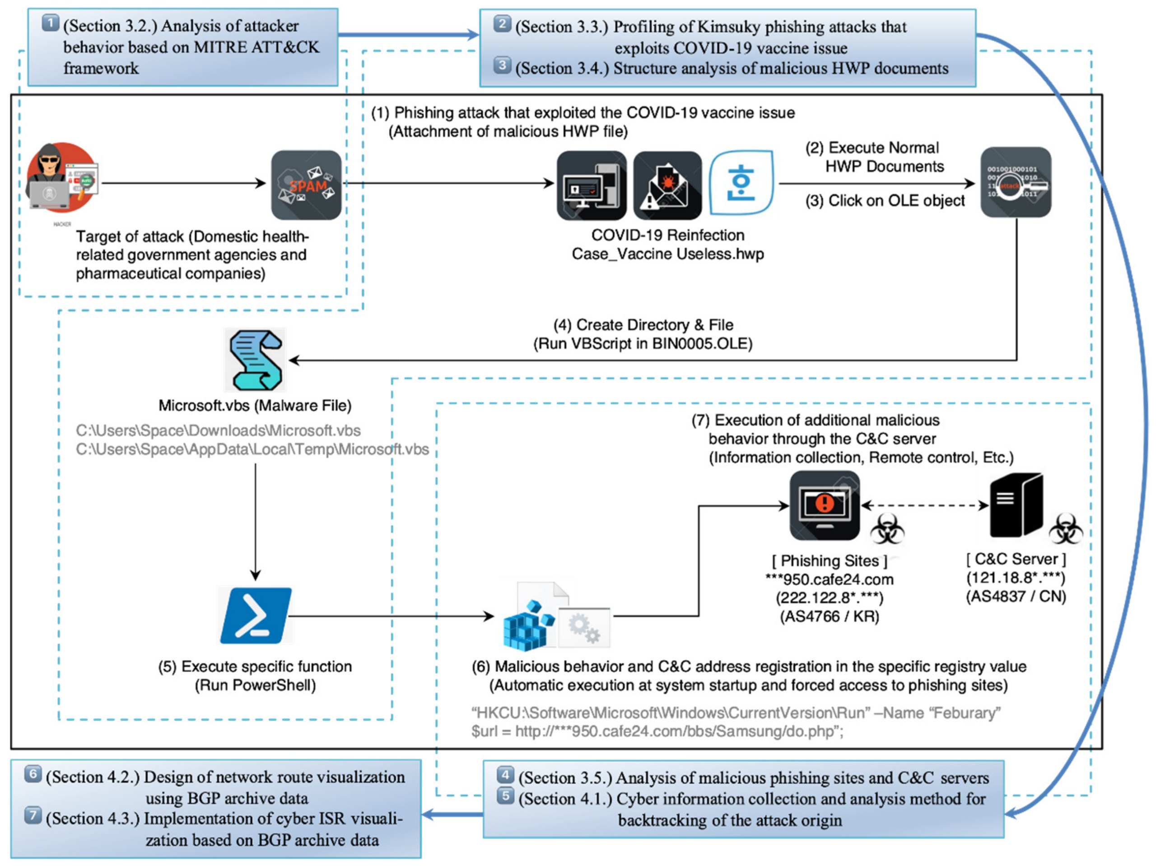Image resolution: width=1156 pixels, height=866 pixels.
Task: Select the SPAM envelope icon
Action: (306, 185)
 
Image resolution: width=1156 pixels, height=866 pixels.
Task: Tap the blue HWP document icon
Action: (741, 183)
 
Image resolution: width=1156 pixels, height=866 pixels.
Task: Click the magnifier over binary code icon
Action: (1016, 182)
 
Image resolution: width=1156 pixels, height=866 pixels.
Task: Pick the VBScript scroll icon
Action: (256, 360)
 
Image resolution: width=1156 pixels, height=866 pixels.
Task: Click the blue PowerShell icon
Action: (256, 615)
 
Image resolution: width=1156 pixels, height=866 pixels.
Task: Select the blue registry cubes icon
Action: (528, 626)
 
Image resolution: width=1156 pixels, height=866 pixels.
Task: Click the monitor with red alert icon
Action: (824, 505)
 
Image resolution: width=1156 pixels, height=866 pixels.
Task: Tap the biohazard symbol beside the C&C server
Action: (1066, 528)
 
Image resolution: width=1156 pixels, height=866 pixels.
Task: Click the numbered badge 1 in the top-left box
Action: (50, 23)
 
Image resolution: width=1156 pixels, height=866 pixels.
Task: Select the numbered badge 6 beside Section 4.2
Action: (33, 773)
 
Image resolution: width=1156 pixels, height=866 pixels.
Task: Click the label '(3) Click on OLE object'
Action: (884, 200)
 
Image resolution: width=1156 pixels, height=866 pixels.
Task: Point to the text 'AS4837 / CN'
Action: (1016, 597)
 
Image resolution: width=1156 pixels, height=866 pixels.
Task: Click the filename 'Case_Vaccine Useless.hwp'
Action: (667, 254)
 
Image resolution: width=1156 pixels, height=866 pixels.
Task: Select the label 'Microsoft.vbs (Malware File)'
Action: (255, 405)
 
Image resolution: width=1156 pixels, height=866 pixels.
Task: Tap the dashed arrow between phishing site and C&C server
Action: (924, 505)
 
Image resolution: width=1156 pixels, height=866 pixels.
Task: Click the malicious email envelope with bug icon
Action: (667, 185)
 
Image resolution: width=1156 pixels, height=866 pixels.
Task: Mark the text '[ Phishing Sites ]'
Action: (830, 561)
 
